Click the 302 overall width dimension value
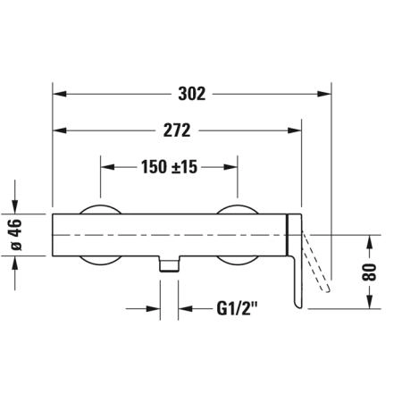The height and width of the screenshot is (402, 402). (192, 94)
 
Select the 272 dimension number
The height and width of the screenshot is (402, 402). (177, 130)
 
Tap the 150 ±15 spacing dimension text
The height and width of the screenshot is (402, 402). (169, 167)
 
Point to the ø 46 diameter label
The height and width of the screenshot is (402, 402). (15, 235)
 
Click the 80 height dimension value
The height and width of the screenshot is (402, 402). (369, 272)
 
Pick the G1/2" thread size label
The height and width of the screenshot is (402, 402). (237, 308)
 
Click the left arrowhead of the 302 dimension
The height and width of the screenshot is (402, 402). (59, 94)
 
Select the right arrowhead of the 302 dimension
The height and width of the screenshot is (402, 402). (324, 94)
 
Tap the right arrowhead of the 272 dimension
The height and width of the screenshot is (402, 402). (295, 130)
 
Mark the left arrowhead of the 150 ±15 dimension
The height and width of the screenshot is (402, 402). (107, 167)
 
